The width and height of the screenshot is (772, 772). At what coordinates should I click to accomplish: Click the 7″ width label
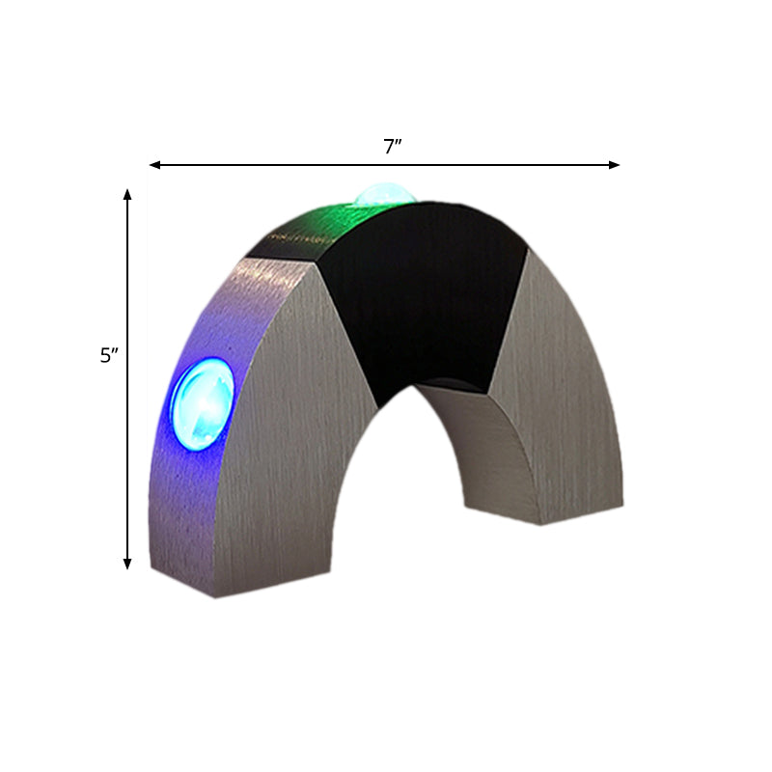[392, 147]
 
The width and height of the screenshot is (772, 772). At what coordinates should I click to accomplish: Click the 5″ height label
[108, 355]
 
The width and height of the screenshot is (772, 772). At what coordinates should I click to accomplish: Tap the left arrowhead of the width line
[154, 165]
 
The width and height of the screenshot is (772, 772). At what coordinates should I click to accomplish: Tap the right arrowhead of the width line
[615, 165]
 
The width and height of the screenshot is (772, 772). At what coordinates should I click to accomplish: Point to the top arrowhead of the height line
[127, 194]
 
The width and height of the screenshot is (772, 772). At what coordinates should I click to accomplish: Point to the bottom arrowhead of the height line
[127, 564]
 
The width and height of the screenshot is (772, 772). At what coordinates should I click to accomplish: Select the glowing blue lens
[202, 404]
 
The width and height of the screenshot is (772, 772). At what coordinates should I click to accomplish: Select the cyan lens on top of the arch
[385, 196]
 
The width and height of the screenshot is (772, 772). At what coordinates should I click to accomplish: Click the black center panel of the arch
[425, 299]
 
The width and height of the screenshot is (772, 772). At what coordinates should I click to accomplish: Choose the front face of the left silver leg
[280, 434]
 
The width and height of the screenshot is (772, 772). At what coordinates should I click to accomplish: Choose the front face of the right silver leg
[569, 405]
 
